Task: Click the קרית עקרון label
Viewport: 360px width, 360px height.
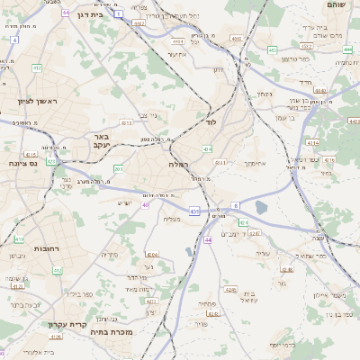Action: coord(64,323)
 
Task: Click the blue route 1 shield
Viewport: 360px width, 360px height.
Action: coord(118,13)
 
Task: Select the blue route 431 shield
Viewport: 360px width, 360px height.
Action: coord(193,211)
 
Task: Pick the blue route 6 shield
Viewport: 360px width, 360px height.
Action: coord(235,206)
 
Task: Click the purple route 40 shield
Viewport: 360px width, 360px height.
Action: coord(145,204)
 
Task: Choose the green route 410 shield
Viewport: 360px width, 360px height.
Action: coord(19,239)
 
